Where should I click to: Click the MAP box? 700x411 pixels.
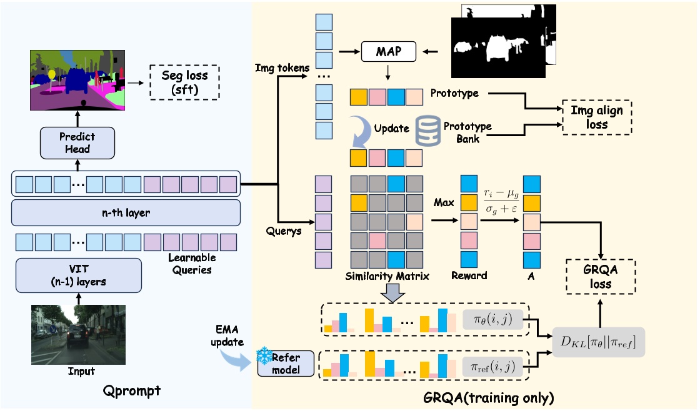click(389, 52)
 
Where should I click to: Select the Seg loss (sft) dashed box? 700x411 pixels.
click(185, 82)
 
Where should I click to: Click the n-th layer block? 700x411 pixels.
click(126, 213)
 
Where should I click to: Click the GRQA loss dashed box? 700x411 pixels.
click(600, 277)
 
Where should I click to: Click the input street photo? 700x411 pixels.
click(78, 334)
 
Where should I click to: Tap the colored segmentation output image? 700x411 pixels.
click(77, 78)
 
